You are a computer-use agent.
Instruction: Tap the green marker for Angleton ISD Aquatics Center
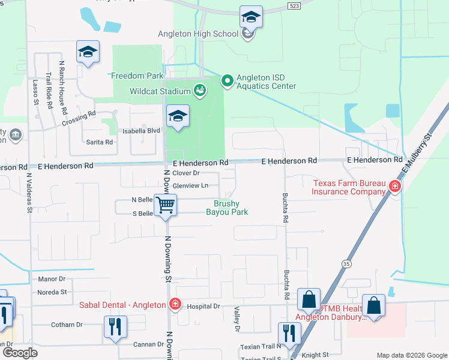pyautogui.click(x=228, y=80)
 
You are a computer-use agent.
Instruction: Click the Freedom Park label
pyautogui.click(x=137, y=76)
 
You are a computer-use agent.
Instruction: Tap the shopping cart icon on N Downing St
pyautogui.click(x=165, y=205)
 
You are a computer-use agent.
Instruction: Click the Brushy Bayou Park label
pyautogui.click(x=227, y=208)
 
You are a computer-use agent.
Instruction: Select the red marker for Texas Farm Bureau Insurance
pyautogui.click(x=395, y=187)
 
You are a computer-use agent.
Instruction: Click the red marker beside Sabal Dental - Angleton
pyautogui.click(x=175, y=304)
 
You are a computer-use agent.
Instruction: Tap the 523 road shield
pyautogui.click(x=294, y=5)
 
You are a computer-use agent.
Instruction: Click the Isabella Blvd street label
pyautogui.click(x=142, y=130)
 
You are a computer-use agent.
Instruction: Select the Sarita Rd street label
pyautogui.click(x=100, y=142)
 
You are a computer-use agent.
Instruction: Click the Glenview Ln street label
pyautogui.click(x=190, y=185)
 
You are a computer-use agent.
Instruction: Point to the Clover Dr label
pyautogui.click(x=185, y=173)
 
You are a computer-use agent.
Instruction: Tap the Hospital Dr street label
pyautogui.click(x=204, y=306)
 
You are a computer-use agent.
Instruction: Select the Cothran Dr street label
pyautogui.click(x=67, y=325)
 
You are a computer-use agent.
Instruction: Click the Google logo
pyautogui.click(x=20, y=353)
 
